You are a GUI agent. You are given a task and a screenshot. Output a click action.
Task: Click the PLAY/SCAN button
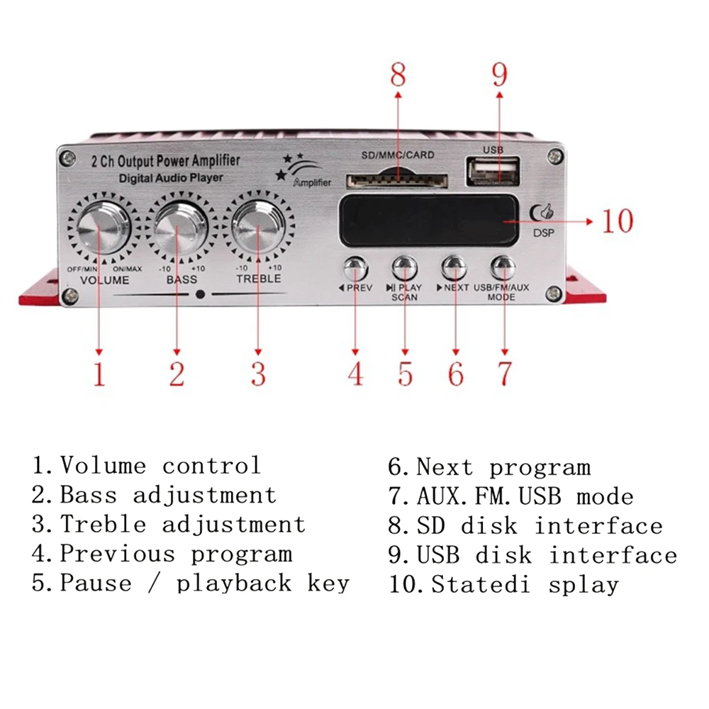(403, 268)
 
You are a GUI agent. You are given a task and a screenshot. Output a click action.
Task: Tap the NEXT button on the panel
(454, 268)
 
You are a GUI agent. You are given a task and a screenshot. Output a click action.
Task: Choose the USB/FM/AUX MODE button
(503, 268)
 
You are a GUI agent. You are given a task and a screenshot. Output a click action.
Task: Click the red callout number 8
(398, 74)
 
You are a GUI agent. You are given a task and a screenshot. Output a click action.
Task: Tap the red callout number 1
(99, 374)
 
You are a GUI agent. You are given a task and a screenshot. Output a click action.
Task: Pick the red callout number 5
(405, 374)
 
